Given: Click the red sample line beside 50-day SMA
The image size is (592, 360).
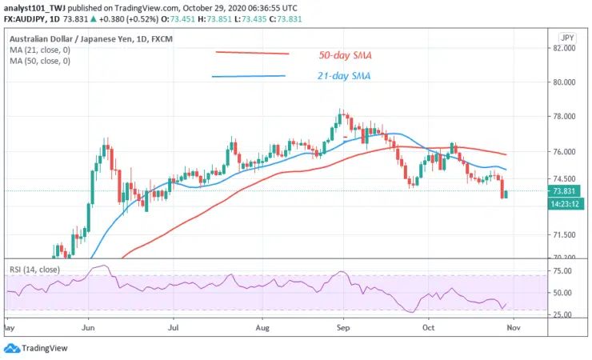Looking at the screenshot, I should point(252,54).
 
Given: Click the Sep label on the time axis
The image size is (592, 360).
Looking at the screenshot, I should point(343,327).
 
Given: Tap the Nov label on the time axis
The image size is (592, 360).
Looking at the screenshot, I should point(514,327).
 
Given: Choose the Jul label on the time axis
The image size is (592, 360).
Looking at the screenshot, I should point(171,327).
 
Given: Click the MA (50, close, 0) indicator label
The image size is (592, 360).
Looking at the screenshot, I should point(39,61).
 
